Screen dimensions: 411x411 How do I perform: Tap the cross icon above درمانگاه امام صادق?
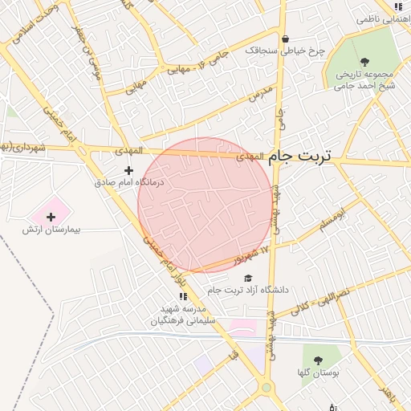pos(128,169)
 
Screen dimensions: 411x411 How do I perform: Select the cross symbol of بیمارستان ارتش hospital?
pos(51,216)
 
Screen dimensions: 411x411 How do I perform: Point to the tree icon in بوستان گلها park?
pos(318,361)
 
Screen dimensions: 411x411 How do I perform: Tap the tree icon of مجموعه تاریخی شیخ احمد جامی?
pos(365,60)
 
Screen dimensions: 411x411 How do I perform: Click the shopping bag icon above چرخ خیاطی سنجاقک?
pos(285,38)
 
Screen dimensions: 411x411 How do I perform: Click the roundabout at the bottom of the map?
pos(266,389)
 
